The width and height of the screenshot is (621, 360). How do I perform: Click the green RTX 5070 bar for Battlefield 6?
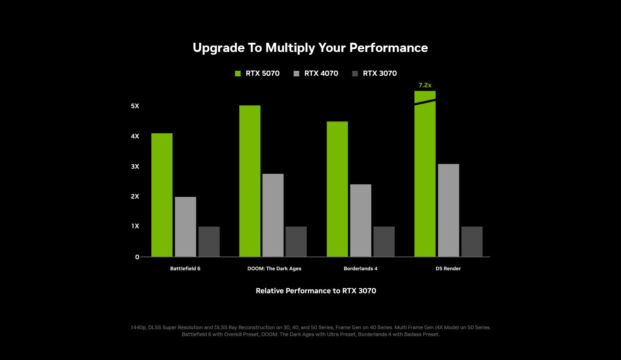pyautogui.click(x=162, y=195)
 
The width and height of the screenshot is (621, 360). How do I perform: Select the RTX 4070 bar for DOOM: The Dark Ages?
pyautogui.click(x=273, y=215)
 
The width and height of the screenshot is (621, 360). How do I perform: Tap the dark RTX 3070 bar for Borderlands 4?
pyautogui.click(x=384, y=241)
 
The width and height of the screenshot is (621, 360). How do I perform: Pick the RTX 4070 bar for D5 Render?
pyautogui.click(x=448, y=210)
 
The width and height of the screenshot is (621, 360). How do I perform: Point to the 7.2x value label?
pyautogui.click(x=425, y=86)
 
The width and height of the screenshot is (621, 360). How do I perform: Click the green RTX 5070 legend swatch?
pyautogui.click(x=238, y=74)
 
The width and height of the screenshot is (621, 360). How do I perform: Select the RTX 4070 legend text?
pyautogui.click(x=321, y=74)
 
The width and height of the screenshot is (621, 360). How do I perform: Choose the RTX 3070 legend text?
pyautogui.click(x=379, y=74)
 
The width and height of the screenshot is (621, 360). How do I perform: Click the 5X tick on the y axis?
pyautogui.click(x=135, y=106)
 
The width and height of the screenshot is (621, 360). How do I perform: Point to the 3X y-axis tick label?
pyautogui.click(x=135, y=166)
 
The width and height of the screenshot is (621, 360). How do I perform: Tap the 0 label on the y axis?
pyautogui.click(x=137, y=257)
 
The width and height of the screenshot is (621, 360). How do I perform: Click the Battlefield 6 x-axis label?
pyautogui.click(x=185, y=269)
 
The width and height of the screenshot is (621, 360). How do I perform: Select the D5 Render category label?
pyautogui.click(x=448, y=269)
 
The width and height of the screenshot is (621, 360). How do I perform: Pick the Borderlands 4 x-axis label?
pyautogui.click(x=360, y=269)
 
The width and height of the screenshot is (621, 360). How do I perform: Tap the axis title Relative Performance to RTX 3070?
pyautogui.click(x=316, y=291)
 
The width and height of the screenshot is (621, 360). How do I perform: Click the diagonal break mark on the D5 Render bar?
pyautogui.click(x=425, y=102)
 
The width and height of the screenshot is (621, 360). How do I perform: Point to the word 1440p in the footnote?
pyautogui.click(x=138, y=327)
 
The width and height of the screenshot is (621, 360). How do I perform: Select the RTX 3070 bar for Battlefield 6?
pyautogui.click(x=209, y=241)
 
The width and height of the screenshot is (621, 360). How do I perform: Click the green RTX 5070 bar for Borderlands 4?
pyautogui.click(x=337, y=189)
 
